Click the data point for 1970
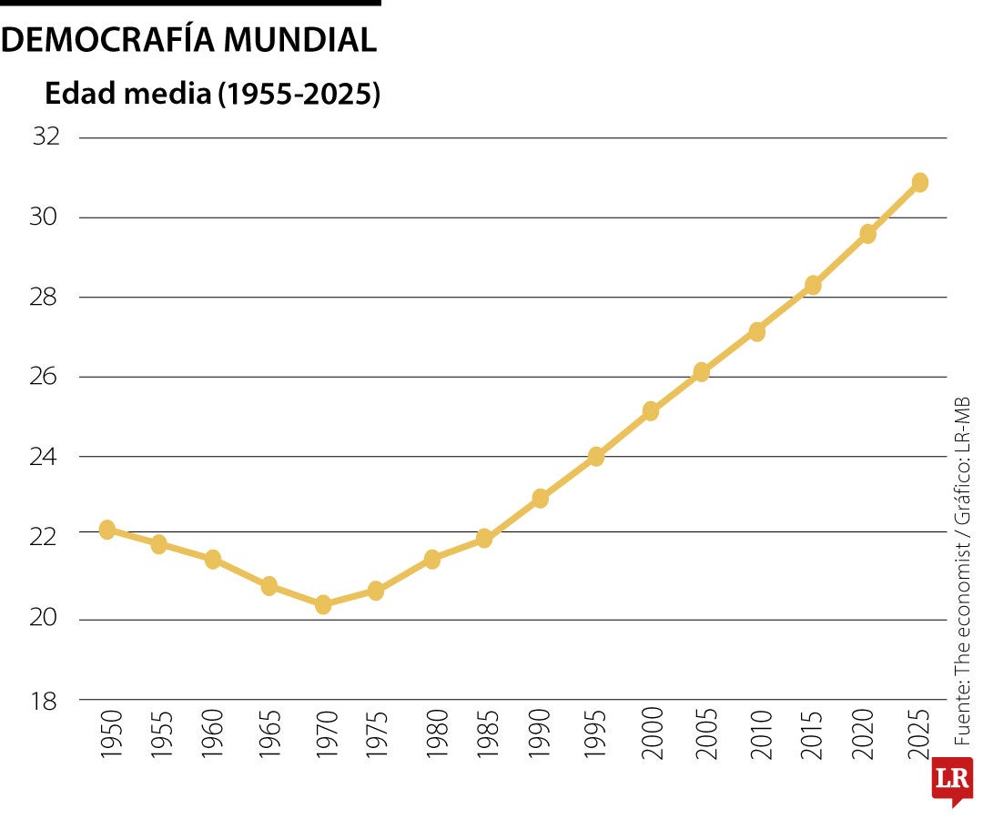tap(323, 604)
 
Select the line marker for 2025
tap(919, 182)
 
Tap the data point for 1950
tap(106, 530)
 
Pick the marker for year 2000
tap(650, 411)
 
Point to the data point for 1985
tap(484, 539)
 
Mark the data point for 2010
tap(757, 332)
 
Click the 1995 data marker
tap(596, 457)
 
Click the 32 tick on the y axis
tap(46, 137)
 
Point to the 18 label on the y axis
tap(46, 701)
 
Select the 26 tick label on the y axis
tap(46, 377)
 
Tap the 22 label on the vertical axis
tap(46, 537)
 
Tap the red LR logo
tap(952, 781)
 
